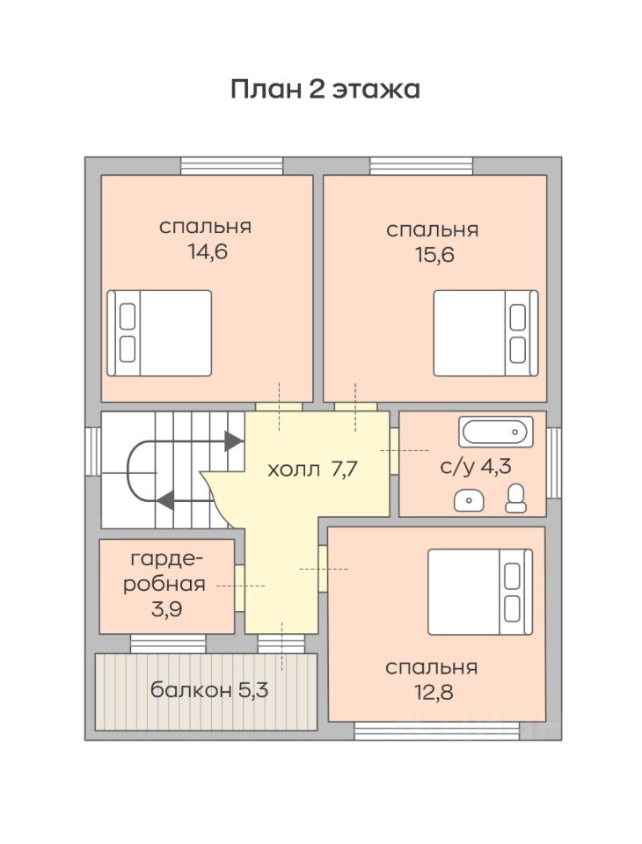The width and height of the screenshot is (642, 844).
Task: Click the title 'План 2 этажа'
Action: click(x=325, y=89)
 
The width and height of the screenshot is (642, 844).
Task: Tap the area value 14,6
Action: click(x=207, y=251)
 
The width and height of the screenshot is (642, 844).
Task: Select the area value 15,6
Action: click(x=434, y=255)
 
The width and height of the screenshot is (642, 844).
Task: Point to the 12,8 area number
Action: click(x=433, y=692)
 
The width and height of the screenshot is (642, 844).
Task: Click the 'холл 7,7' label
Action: click(x=313, y=469)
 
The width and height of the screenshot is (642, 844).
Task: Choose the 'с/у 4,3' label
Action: click(x=475, y=466)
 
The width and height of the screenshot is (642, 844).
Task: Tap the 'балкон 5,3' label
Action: click(x=209, y=689)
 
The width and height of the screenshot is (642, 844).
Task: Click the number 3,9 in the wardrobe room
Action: click(x=166, y=609)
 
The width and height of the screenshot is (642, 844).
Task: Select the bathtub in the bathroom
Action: click(x=496, y=432)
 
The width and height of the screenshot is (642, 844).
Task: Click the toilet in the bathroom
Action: click(x=516, y=498)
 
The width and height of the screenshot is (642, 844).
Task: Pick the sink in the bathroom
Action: click(x=469, y=500)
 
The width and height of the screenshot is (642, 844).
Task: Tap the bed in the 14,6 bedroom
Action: click(x=159, y=333)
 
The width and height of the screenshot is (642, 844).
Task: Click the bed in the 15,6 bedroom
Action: click(x=485, y=333)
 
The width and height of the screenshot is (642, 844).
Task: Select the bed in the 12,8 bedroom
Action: click(x=480, y=592)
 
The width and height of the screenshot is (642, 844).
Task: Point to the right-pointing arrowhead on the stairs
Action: click(x=233, y=440)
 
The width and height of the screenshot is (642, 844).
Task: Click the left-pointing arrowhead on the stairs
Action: click(x=165, y=500)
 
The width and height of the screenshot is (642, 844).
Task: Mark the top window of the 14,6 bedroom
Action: click(x=231, y=166)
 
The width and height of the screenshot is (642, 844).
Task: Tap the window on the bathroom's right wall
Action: click(x=554, y=463)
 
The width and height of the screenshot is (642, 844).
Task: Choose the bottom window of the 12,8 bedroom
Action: click(x=436, y=731)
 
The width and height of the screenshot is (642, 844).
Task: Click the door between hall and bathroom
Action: click(x=394, y=451)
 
